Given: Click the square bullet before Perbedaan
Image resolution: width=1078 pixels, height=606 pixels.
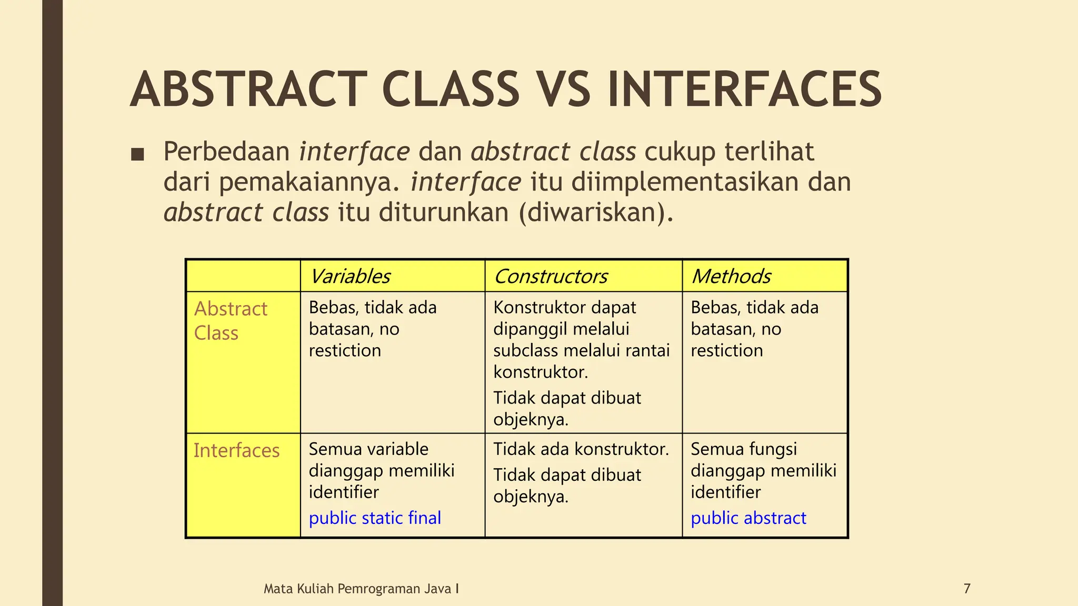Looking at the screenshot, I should point(137,154).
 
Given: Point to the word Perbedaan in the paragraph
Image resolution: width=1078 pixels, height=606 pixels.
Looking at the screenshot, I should point(226,151).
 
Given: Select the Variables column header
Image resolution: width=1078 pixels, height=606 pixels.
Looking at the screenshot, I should point(350,276).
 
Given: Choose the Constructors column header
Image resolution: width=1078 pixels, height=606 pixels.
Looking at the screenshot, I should point(551,276).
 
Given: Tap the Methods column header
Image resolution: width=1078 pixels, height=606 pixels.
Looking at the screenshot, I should point(731,276).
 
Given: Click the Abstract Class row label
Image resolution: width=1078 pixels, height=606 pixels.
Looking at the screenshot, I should point(231,321).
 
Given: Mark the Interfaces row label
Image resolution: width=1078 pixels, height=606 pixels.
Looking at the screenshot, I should point(236,451).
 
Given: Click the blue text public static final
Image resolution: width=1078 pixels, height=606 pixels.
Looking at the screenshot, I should point(375,518).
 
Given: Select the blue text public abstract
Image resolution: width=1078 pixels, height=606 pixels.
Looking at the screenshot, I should point(748,518).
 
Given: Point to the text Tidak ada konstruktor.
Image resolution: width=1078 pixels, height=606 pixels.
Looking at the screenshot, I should point(581,449).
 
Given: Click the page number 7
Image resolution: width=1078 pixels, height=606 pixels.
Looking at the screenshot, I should point(967,589).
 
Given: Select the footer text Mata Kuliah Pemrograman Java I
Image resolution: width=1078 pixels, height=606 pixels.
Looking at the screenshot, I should point(361,589).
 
